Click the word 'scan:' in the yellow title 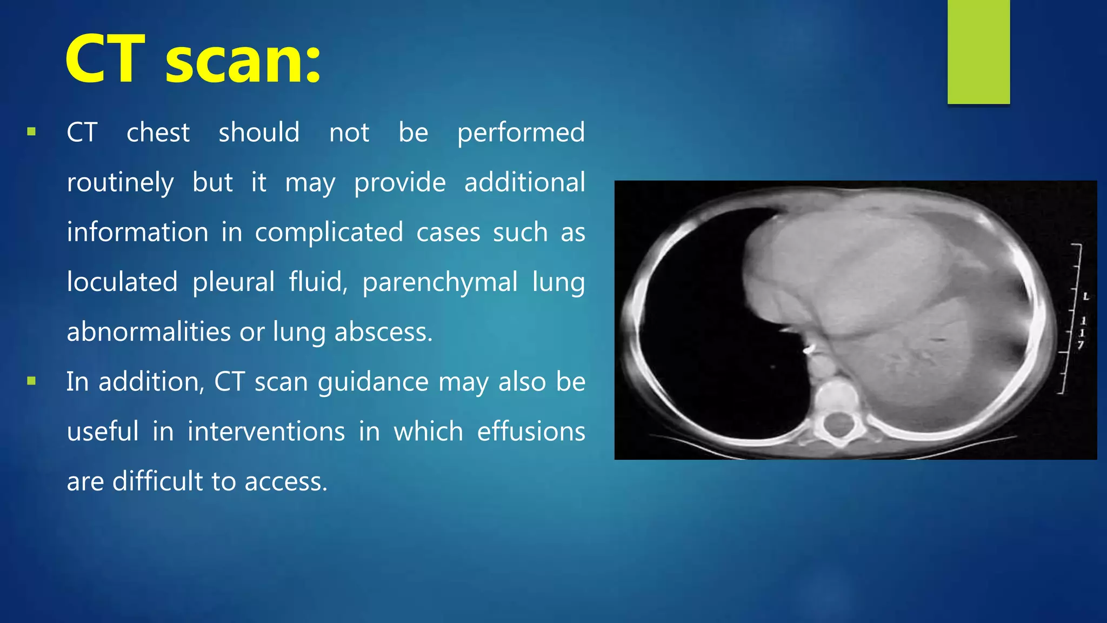point(243,59)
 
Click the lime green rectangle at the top point(978,52)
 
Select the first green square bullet point(31,131)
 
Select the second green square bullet point(31,381)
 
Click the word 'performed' point(521,133)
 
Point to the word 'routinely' point(120,183)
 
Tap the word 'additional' point(524,182)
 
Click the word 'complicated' point(329,233)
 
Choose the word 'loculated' point(122,282)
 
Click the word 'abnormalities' point(149,332)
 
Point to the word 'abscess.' point(383,332)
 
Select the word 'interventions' point(266,432)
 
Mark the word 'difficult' point(157,481)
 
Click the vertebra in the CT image point(837,416)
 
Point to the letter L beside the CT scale point(1086,296)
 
